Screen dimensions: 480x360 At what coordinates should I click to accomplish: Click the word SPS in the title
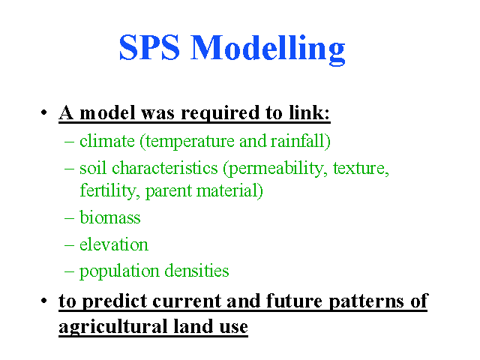pos(149,47)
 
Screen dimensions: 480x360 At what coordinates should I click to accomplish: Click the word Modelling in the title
pos(268,50)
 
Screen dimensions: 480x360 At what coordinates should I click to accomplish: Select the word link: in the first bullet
pos(310,112)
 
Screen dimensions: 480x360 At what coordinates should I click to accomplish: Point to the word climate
pos(107,141)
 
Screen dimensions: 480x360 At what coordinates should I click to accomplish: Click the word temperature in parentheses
pos(188,142)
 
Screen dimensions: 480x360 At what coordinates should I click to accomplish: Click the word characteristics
pos(165,168)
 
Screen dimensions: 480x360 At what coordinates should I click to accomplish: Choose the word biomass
pos(110,217)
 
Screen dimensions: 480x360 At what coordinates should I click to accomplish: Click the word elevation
pos(114,244)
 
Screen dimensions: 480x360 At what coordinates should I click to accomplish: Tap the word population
pos(119,271)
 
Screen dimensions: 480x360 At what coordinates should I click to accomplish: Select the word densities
pos(196,271)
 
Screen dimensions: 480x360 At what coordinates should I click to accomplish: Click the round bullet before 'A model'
pos(43,112)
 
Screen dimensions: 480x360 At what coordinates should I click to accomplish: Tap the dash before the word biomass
pos(70,218)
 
